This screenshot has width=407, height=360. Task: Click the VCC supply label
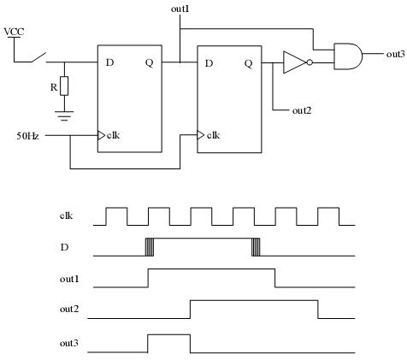point(14,32)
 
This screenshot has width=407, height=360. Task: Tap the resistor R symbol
point(64,86)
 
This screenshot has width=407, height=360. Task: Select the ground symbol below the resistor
point(64,115)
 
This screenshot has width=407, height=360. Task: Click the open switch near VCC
point(38,57)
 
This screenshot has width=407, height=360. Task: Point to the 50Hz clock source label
point(27,136)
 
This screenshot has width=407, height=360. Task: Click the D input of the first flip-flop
point(109,62)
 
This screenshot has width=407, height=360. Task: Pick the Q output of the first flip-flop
point(150,62)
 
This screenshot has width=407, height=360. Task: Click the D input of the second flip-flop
point(209,63)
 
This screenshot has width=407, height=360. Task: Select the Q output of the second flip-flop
point(249,63)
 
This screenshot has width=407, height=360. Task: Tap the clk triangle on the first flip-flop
point(102,135)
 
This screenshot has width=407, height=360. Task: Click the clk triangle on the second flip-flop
point(201,135)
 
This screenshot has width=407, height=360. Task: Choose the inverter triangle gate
point(295,62)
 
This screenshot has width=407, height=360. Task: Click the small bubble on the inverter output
point(310,62)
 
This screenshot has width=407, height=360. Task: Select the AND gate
point(348,56)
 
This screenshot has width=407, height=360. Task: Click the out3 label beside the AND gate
point(395,54)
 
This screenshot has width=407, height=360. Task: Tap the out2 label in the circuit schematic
point(302,110)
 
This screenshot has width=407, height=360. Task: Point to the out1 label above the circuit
point(180,9)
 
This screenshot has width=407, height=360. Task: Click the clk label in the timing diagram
point(66,215)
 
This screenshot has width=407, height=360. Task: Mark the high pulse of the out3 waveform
point(169,335)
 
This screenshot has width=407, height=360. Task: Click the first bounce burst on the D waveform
point(150,247)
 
